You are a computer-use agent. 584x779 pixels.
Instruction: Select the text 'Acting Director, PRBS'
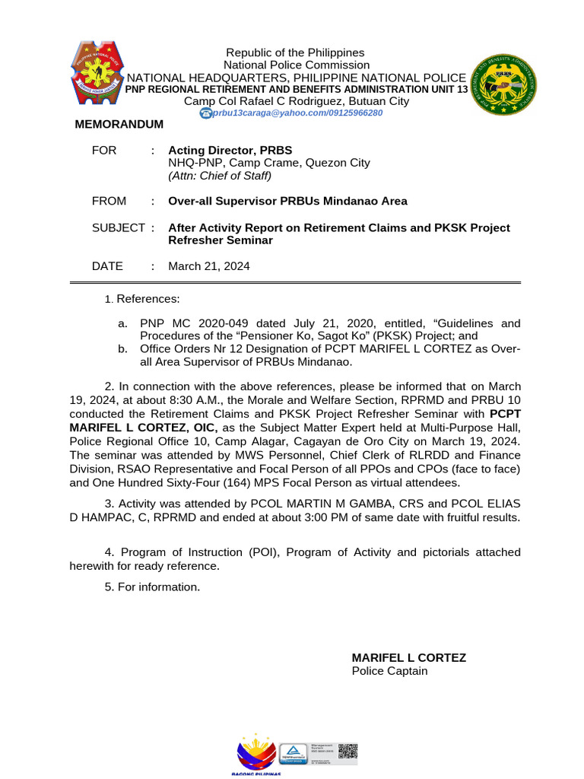230,150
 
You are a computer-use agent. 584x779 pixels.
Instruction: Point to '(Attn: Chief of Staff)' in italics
219,175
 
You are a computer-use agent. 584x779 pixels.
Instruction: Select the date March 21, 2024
208,266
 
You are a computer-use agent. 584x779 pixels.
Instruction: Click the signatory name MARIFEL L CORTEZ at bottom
408,657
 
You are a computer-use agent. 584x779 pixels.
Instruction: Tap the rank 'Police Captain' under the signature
389,670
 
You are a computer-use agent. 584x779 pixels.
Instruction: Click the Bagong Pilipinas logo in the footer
255,753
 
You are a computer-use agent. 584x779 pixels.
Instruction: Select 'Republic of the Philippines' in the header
295,52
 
